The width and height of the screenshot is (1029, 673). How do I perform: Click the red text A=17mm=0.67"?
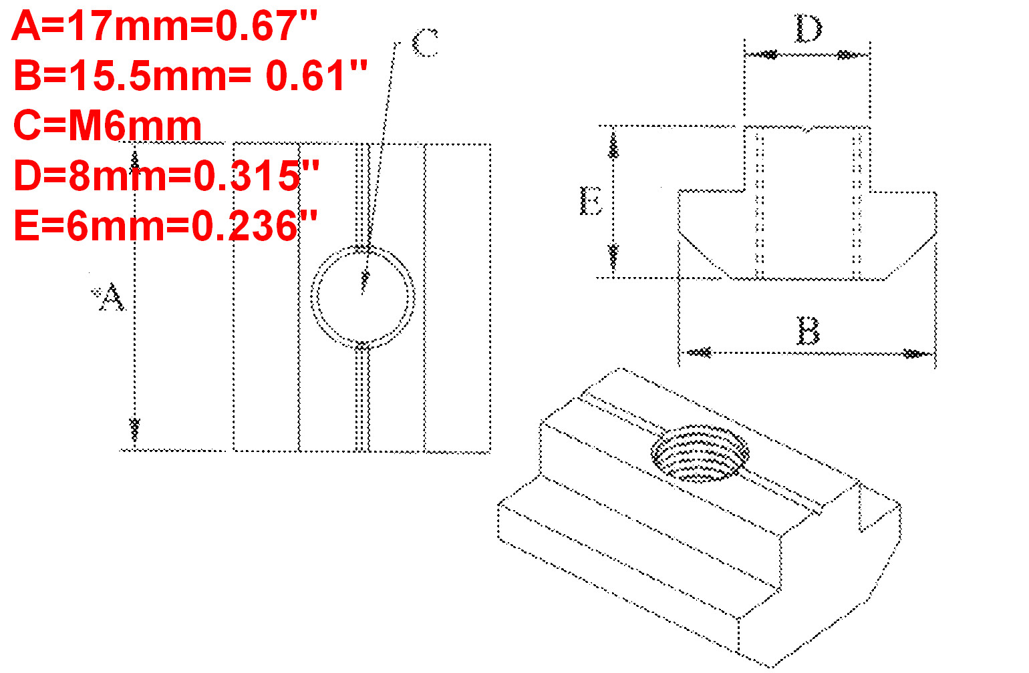click(x=164, y=27)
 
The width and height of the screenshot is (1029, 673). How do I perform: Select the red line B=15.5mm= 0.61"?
click(x=190, y=75)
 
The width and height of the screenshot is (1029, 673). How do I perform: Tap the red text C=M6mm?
click(x=107, y=126)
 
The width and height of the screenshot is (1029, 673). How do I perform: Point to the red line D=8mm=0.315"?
click(x=166, y=176)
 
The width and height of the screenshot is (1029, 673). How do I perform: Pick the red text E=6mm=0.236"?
click(x=165, y=226)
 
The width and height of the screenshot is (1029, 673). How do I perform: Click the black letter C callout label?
click(x=425, y=43)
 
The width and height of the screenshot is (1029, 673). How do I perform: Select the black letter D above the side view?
click(x=808, y=29)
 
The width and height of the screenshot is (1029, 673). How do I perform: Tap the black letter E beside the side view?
click(x=591, y=200)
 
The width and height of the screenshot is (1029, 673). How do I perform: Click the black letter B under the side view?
click(x=808, y=330)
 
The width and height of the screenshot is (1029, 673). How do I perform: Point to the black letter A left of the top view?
click(x=110, y=298)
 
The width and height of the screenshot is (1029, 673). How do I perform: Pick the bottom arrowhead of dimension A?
click(x=134, y=427)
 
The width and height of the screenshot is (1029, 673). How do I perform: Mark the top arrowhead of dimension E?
click(x=613, y=145)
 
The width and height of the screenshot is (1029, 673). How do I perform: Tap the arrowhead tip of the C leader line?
click(x=363, y=284)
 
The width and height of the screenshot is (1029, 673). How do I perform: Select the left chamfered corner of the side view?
click(x=702, y=254)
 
